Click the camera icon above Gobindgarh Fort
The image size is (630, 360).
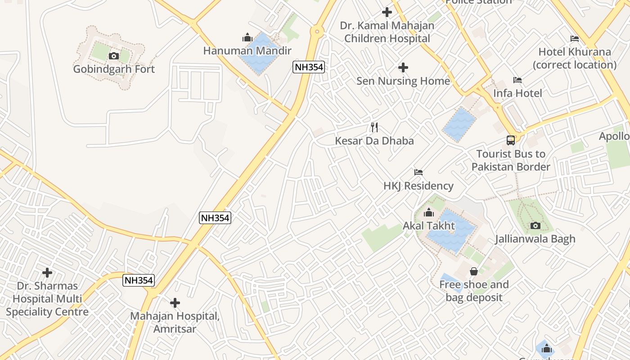click(114, 56)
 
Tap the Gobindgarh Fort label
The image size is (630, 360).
click(114, 69)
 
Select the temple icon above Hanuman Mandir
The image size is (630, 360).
click(247, 37)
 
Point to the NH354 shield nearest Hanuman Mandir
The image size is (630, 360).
click(309, 67)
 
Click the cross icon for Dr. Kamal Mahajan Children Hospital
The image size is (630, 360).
click(387, 12)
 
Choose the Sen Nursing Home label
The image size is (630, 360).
click(403, 81)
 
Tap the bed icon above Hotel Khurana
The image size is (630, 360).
click(575, 39)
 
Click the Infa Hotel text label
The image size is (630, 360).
click(517, 93)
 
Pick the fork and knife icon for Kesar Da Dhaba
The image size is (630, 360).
click(374, 127)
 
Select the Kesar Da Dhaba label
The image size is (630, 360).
click(374, 141)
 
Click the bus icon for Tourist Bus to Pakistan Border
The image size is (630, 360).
click(511, 140)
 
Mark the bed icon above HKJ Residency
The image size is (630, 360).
click(418, 172)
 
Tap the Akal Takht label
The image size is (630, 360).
click(429, 226)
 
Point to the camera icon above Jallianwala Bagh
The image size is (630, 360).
click(535, 225)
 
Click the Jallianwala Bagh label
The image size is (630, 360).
click(535, 239)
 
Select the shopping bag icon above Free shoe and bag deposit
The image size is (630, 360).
click(474, 271)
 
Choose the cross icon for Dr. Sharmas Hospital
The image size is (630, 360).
click(47, 273)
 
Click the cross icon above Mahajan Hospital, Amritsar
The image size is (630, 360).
click(175, 303)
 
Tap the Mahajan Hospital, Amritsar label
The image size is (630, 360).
click(175, 322)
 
